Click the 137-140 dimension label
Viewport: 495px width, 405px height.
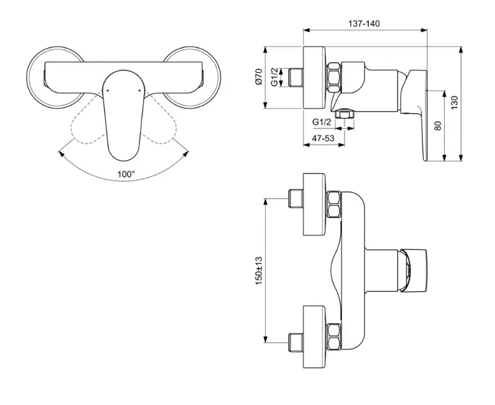click(x=364, y=24)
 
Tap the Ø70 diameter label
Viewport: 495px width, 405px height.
click(x=259, y=76)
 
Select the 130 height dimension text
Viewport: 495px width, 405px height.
click(x=455, y=103)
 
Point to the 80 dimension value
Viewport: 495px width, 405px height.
click(x=438, y=125)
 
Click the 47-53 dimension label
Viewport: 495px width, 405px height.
click(x=323, y=138)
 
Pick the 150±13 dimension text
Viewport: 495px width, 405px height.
click(x=259, y=271)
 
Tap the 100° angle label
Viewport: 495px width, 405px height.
click(x=126, y=174)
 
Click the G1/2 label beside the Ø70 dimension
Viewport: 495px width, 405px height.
click(x=274, y=77)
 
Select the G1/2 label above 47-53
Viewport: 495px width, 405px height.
click(x=321, y=122)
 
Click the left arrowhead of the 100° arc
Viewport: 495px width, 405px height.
click(x=60, y=154)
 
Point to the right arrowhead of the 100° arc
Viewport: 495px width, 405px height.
click(x=186, y=154)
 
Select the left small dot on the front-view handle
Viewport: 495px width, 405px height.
click(x=108, y=91)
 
